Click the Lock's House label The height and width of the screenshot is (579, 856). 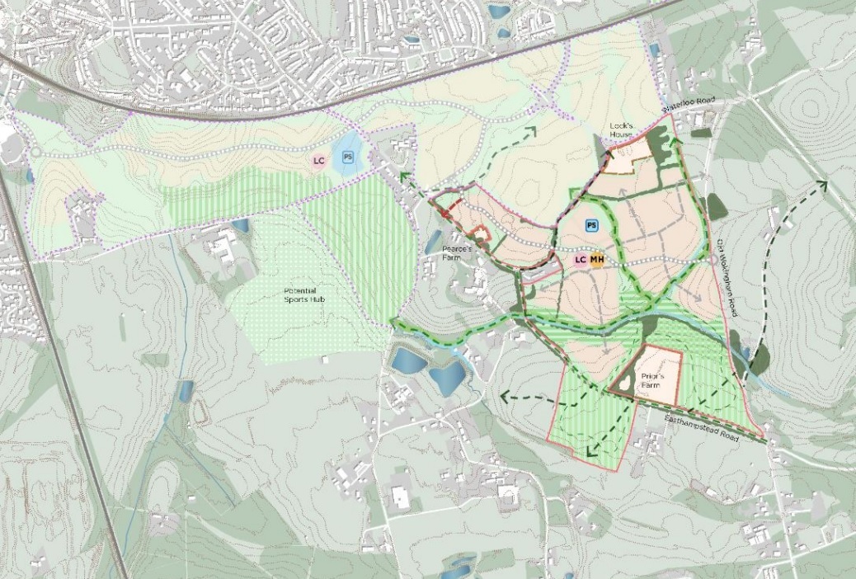point(620,131)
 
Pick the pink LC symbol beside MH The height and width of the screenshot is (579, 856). point(580,261)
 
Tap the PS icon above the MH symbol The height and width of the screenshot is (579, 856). point(590,225)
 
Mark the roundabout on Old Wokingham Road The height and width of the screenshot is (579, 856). point(714,259)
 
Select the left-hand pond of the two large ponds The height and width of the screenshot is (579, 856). point(407,360)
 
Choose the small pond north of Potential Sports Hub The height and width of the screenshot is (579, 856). point(240,224)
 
